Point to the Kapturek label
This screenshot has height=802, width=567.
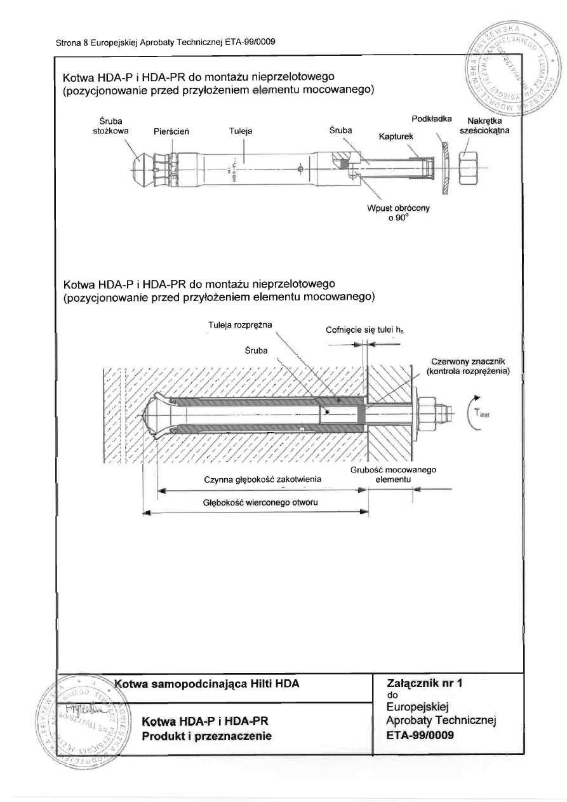[x=396, y=137]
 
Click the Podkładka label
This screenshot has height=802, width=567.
[x=432, y=119]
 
